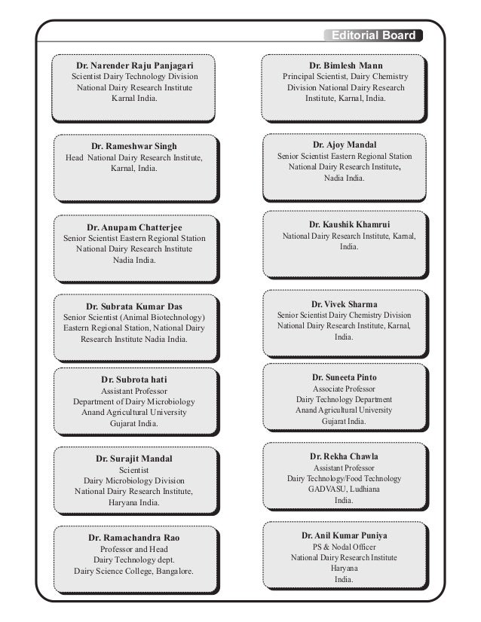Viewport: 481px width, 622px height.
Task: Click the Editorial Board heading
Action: pyautogui.click(x=372, y=35)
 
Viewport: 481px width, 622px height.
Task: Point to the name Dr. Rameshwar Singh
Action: pyautogui.click(x=134, y=145)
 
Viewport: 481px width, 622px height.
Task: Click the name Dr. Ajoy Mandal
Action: pyautogui.click(x=345, y=144)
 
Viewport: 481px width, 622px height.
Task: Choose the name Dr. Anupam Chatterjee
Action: pyautogui.click(x=134, y=227)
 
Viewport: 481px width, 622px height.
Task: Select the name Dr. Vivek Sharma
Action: pyautogui.click(x=345, y=303)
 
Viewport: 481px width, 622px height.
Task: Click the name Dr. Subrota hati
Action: pyautogui.click(x=133, y=379)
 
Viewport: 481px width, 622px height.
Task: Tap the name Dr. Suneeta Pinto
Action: pyautogui.click(x=345, y=377)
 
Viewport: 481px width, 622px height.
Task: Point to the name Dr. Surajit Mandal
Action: pyautogui.click(x=133, y=458)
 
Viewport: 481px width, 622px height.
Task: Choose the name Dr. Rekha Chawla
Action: pyautogui.click(x=345, y=456)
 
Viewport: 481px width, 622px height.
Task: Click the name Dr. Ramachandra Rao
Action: pyautogui.click(x=134, y=538)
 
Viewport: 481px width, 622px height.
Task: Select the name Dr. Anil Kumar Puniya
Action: pyautogui.click(x=345, y=535)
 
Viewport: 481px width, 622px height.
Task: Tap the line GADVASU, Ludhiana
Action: pyautogui.click(x=345, y=489)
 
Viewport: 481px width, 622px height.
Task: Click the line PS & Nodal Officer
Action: pyautogui.click(x=345, y=546)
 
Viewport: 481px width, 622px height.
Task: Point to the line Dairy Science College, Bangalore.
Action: pyautogui.click(x=134, y=572)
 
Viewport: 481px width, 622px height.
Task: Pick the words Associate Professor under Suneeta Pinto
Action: pyautogui.click(x=345, y=388)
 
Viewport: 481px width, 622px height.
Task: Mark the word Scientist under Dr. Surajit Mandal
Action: pyautogui.click(x=134, y=469)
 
